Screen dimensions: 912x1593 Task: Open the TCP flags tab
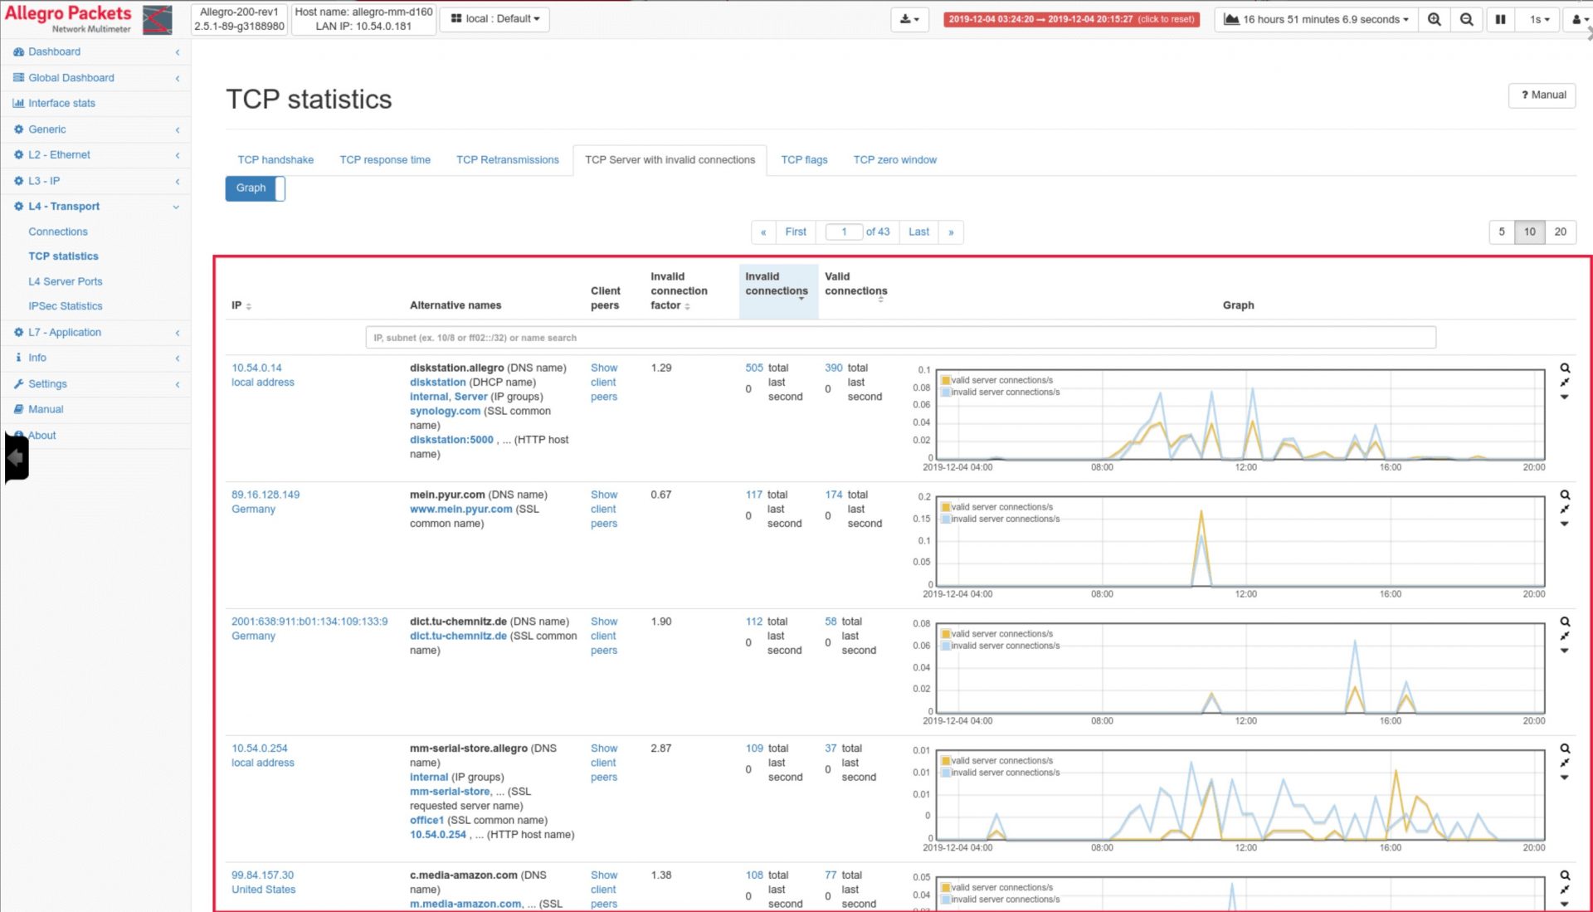click(803, 160)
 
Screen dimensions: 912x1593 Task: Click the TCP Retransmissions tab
click(507, 160)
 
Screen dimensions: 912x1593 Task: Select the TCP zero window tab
click(894, 160)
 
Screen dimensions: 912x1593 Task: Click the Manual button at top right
click(1542, 95)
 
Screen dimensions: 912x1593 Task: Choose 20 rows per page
click(1560, 232)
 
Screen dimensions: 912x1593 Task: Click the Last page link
click(918, 232)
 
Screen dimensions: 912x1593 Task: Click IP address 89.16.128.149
click(265, 495)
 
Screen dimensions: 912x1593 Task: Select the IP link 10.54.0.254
click(260, 749)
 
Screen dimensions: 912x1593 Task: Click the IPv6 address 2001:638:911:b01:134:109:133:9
click(309, 622)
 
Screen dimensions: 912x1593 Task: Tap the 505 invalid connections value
click(753, 368)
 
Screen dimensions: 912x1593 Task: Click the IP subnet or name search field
click(900, 338)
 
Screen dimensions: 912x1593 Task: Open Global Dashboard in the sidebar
click(71, 78)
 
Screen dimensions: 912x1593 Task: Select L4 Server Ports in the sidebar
click(66, 281)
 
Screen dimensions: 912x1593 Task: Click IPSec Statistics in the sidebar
click(66, 306)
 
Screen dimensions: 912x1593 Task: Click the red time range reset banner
click(1071, 19)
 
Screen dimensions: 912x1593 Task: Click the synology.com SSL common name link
click(445, 412)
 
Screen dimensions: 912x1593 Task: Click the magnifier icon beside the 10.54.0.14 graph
click(1565, 368)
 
